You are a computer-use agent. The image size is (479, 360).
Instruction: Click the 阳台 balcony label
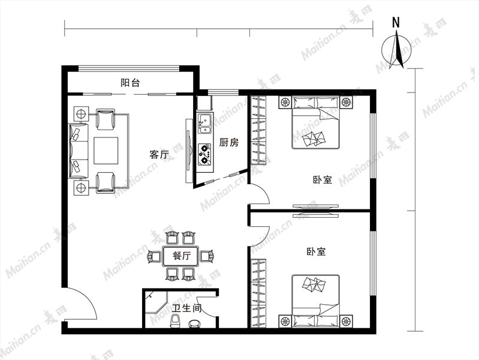pos(130,83)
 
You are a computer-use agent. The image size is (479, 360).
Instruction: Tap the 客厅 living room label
pos(159,154)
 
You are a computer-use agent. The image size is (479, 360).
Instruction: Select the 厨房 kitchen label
pos(228,143)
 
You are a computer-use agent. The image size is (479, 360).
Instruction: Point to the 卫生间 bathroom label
pos(186,308)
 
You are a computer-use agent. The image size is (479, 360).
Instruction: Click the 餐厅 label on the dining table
pos(182,256)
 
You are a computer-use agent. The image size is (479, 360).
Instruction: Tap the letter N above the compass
pos(396,22)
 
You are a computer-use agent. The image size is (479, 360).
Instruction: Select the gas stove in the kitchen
pos(204,154)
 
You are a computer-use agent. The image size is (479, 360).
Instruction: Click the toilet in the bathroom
pos(175,321)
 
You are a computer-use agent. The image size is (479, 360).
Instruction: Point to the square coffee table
pos(106,151)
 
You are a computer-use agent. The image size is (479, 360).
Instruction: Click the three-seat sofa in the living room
pos(78,151)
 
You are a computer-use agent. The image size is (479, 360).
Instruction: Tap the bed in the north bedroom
pos(315,122)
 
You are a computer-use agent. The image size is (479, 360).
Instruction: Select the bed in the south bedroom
pos(315,301)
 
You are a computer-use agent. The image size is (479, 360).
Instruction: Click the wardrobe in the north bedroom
pos(258,130)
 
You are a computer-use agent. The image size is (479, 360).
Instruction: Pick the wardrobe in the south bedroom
pos(258,293)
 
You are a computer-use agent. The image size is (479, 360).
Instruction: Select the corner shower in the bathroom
pos(156,301)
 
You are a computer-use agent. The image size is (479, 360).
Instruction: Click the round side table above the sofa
pos(81,114)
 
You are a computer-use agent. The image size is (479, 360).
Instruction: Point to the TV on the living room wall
pos(189,151)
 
